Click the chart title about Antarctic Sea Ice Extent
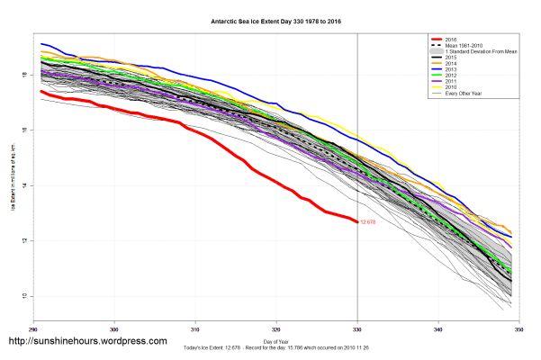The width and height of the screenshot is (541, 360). coord(269,20)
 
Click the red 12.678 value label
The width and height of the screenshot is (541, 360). coord(368,221)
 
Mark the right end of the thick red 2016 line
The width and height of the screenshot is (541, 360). coord(356,220)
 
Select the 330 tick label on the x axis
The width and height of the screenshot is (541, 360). coord(357,327)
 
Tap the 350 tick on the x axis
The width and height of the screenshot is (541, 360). coord(518,327)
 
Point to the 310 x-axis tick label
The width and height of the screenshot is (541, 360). coord(195,327)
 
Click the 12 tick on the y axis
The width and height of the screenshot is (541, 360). coord(25,241)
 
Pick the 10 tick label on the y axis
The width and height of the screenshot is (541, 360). coord(25,297)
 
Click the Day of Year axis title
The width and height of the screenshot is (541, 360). coord(276,341)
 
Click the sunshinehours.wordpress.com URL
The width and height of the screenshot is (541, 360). coord(87,342)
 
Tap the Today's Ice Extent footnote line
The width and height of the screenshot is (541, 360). coord(276,348)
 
